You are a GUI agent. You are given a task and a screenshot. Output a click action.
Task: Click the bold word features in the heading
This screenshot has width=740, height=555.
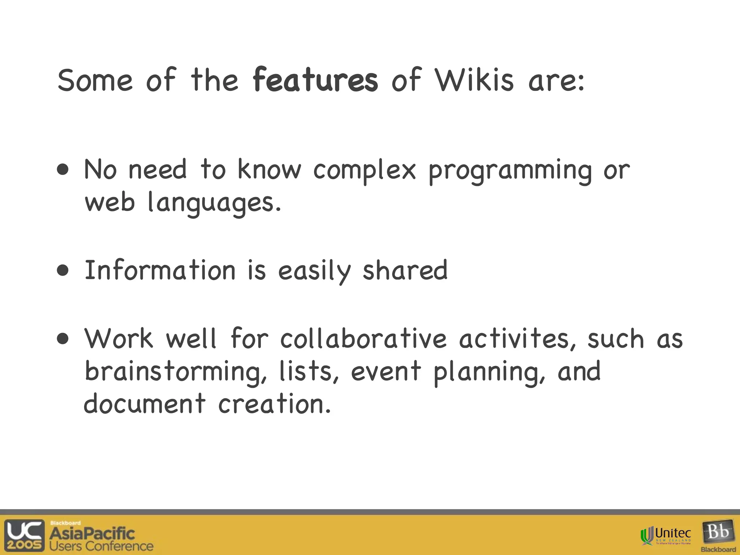[x=315, y=80]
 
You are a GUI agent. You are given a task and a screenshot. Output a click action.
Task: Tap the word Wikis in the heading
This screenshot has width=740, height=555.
[x=474, y=80]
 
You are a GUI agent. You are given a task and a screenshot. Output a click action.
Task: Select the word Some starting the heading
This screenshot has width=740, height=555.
[x=95, y=80]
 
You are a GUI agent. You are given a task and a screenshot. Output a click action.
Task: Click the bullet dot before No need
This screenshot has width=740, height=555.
[x=63, y=169]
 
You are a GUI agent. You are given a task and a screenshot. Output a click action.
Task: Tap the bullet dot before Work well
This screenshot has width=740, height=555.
[x=63, y=339]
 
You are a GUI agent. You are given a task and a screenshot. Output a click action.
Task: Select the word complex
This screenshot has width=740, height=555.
[x=364, y=171]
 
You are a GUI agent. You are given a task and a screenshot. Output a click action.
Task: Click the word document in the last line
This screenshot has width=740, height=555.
[x=145, y=404]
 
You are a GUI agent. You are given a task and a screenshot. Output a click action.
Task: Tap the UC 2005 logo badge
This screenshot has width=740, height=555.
[x=24, y=535]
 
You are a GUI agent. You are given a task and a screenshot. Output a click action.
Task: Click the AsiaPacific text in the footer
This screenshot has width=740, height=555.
[x=92, y=533]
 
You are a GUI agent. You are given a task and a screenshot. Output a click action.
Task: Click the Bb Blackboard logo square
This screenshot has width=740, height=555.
[x=718, y=533]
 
